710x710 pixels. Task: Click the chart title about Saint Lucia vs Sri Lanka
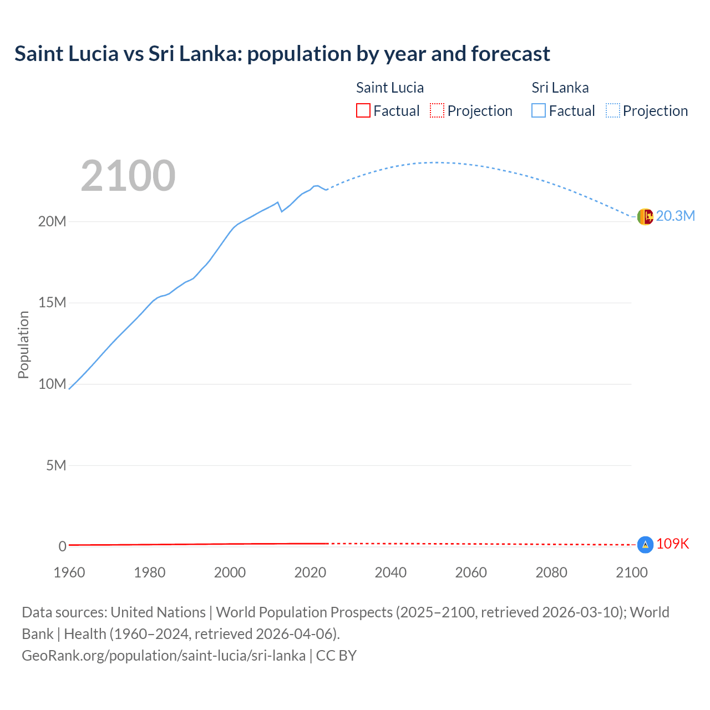(282, 54)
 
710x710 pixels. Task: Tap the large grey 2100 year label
(128, 176)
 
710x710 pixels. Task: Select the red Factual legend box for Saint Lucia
(363, 110)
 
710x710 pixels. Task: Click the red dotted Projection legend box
(437, 110)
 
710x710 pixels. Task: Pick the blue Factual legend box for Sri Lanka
(539, 110)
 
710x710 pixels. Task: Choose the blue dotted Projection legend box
(613, 110)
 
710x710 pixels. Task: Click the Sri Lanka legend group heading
(560, 88)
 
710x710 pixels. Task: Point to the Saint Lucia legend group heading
(389, 88)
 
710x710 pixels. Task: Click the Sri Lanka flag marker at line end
(645, 216)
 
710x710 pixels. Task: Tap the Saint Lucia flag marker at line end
(645, 545)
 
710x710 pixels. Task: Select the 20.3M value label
(675, 216)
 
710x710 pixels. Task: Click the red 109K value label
(672, 544)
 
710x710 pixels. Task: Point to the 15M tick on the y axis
(52, 303)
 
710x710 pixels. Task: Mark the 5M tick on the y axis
(56, 465)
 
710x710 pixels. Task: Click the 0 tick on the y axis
(62, 546)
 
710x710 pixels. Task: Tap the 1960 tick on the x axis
(69, 572)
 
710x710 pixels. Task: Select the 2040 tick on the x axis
(390, 572)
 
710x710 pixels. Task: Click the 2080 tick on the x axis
(551, 572)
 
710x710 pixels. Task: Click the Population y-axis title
(23, 344)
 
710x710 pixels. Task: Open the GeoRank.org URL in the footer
(164, 656)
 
